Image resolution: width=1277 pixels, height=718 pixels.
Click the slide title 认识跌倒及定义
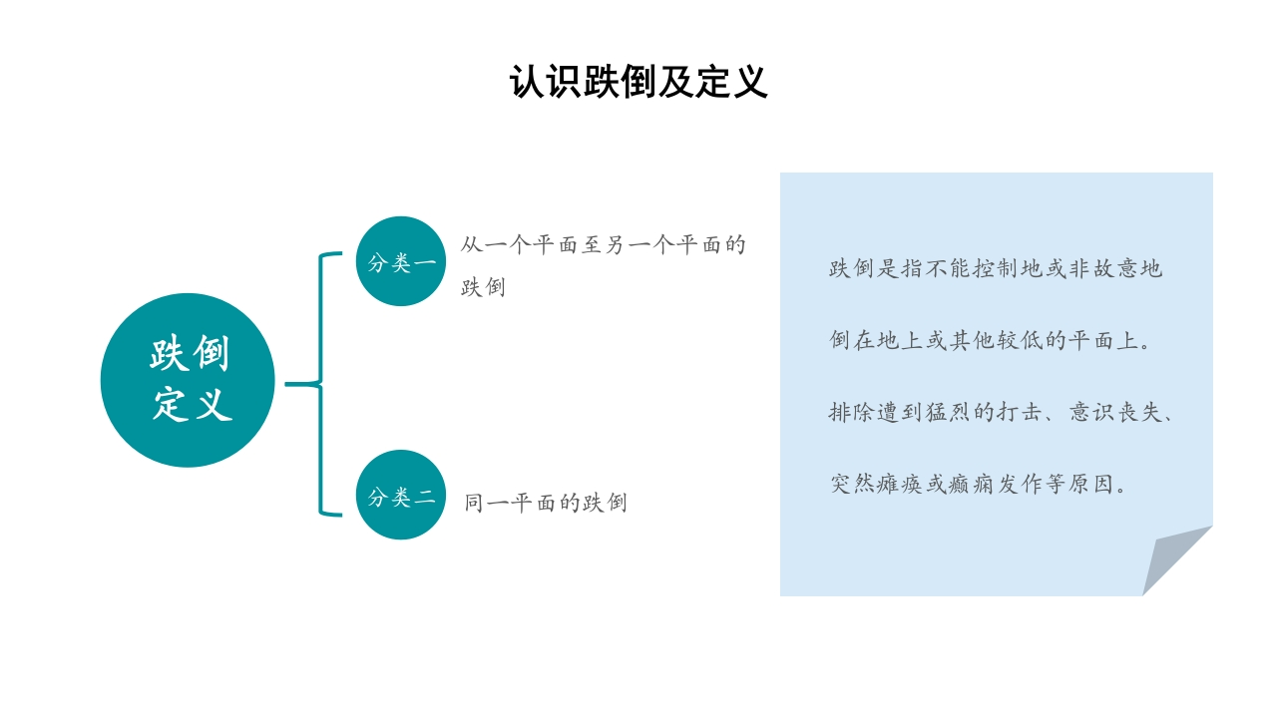(x=638, y=82)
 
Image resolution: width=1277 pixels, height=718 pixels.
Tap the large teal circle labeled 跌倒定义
(x=188, y=380)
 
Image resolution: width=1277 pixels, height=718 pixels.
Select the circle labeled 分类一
(x=401, y=261)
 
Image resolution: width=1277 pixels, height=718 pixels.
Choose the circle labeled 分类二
(x=401, y=495)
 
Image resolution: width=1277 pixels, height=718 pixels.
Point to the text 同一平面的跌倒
(x=545, y=503)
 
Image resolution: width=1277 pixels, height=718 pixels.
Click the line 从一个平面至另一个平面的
(x=603, y=245)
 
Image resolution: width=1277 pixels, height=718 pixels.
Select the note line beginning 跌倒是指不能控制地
(x=995, y=268)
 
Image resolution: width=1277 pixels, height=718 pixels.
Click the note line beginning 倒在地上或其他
(x=991, y=340)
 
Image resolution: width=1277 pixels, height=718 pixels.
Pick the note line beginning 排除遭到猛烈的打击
(x=1001, y=412)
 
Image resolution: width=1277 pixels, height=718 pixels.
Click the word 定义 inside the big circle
(x=192, y=405)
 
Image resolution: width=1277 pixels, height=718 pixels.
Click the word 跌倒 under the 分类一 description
(x=483, y=288)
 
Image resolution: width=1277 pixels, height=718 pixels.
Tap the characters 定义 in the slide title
(x=731, y=82)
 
